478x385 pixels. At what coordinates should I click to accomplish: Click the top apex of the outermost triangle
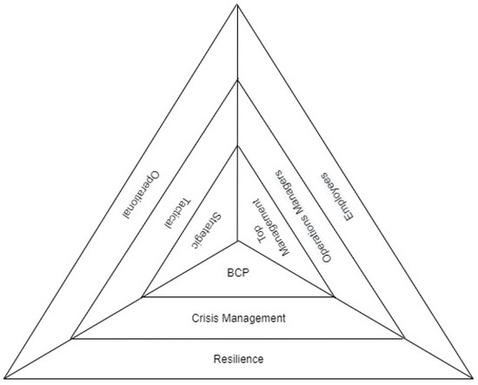click(x=237, y=4)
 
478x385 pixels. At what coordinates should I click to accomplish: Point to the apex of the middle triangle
click(x=237, y=80)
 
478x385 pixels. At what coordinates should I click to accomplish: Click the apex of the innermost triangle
click(x=237, y=146)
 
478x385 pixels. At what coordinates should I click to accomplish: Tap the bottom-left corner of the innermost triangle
click(x=142, y=297)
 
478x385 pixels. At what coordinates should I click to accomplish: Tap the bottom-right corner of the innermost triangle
click(x=334, y=297)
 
